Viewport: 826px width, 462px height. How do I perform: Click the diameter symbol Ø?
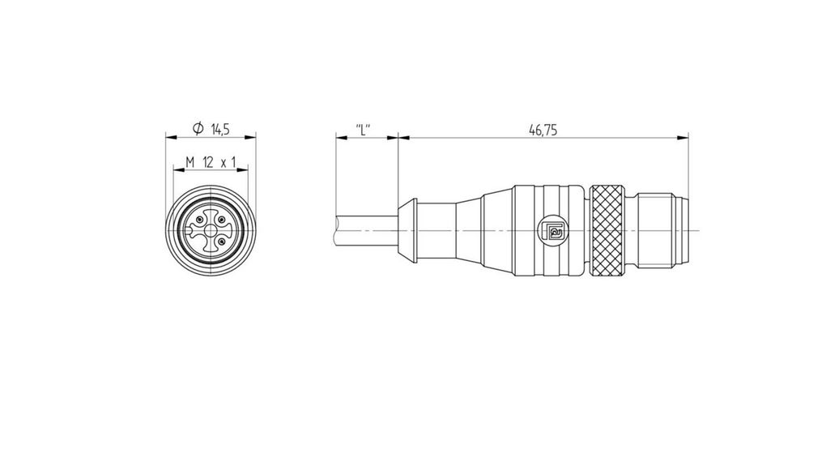coord(197,129)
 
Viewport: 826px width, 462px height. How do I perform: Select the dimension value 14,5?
coord(221,129)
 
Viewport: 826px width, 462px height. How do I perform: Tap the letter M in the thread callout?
coord(189,162)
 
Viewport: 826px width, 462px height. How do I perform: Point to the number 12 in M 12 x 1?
coord(208,162)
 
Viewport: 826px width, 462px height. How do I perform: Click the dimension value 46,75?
coord(543,129)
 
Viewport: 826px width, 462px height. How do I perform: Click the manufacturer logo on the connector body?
coord(555,233)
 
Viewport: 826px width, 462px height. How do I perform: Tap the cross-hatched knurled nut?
coord(610,233)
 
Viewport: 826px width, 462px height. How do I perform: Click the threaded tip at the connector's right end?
coord(664,233)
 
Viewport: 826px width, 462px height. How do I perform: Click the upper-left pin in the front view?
coord(199,220)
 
